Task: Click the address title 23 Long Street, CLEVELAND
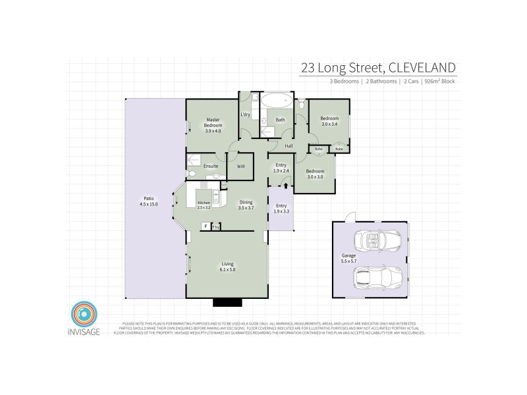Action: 377,67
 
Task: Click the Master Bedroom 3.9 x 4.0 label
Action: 212,125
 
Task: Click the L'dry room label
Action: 246,115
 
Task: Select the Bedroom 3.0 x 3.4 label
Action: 329,121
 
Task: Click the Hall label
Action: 289,145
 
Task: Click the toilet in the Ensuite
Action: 192,173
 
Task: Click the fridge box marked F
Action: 206,226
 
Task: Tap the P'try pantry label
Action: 215,227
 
